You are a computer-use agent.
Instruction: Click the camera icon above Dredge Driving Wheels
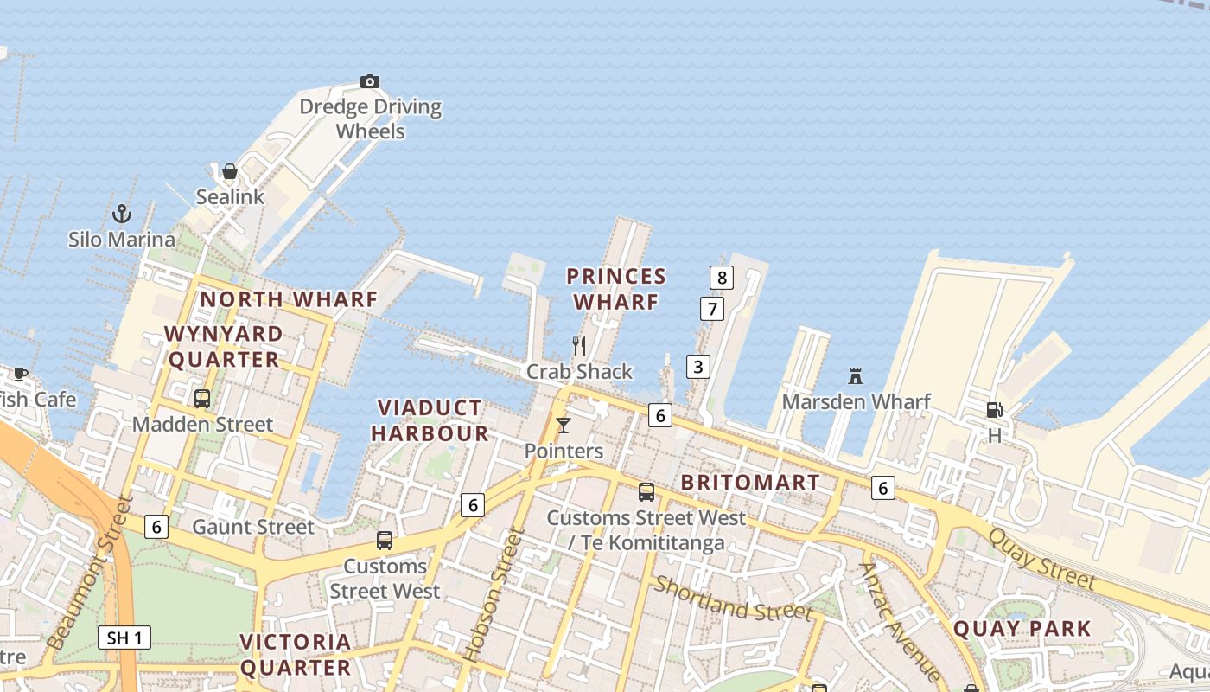(x=370, y=82)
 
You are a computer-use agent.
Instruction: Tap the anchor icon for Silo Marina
(x=122, y=213)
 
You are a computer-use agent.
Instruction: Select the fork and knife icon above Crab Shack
(x=579, y=346)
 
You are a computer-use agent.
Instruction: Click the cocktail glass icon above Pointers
(x=564, y=425)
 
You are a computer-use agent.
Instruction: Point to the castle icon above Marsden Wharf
(x=856, y=376)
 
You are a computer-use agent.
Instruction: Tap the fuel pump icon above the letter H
(x=994, y=410)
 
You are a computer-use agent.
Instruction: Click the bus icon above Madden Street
(x=202, y=399)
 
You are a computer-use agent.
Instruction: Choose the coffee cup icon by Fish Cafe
(x=21, y=375)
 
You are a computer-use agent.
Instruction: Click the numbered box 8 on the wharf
(x=721, y=278)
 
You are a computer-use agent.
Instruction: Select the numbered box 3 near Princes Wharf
(x=697, y=367)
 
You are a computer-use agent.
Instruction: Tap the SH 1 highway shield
(x=124, y=638)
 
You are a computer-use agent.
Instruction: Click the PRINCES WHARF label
(x=616, y=289)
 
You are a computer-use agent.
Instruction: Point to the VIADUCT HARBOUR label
(x=430, y=420)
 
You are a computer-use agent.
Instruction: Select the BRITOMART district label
(x=750, y=483)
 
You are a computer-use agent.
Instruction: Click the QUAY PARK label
(x=1022, y=629)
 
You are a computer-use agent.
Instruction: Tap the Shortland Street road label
(x=733, y=598)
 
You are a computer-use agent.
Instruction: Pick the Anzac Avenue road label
(x=899, y=621)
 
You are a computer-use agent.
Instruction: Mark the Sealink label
(x=230, y=196)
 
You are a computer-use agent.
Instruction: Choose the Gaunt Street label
(x=253, y=527)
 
